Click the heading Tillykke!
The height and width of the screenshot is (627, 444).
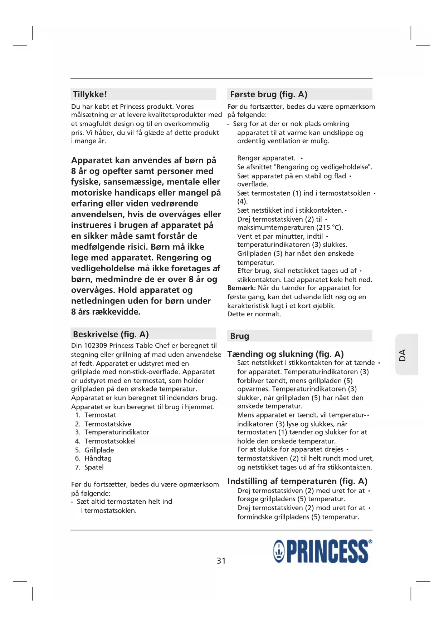tap(90, 94)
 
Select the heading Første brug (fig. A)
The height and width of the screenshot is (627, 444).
tap(268, 94)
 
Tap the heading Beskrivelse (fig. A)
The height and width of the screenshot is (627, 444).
tap(111, 334)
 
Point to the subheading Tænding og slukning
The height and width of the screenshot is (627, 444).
tap(285, 354)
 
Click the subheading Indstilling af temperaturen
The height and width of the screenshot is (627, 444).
tap(297, 481)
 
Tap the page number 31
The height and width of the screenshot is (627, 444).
tap(221, 561)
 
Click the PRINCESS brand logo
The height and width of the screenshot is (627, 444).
tap(322, 551)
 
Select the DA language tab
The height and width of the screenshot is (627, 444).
tap(403, 355)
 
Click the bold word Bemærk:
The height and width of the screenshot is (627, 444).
tap(241, 288)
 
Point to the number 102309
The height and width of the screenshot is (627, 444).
tap(96, 346)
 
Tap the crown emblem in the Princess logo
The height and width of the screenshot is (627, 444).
tap(279, 552)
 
